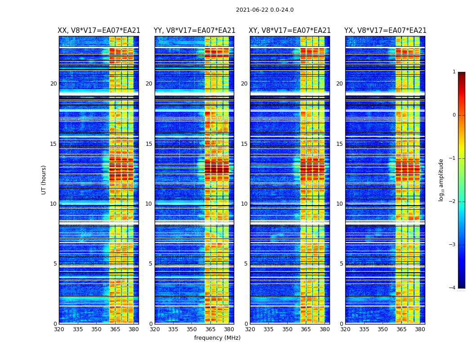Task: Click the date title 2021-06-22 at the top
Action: coord(264,10)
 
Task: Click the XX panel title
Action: coord(99,31)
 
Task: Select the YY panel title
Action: coord(194,31)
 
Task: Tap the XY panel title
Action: coord(290,31)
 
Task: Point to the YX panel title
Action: coord(385,31)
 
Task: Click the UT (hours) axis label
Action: coord(44,180)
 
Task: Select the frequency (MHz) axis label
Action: coord(217,338)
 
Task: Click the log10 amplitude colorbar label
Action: coord(441,180)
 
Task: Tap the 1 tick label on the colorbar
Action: coord(454,72)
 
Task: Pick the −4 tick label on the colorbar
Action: coord(453,288)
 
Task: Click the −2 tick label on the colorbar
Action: coord(453,202)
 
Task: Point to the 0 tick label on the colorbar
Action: coord(454,115)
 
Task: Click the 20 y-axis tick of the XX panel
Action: coord(53,84)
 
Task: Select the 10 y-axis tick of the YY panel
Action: coord(149,204)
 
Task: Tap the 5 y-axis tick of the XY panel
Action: coord(246,264)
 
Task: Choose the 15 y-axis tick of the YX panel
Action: coord(339,144)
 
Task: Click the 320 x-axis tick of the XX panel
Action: coord(59,329)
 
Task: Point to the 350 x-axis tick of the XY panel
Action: coord(287,329)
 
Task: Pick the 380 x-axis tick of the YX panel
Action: coord(420,329)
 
